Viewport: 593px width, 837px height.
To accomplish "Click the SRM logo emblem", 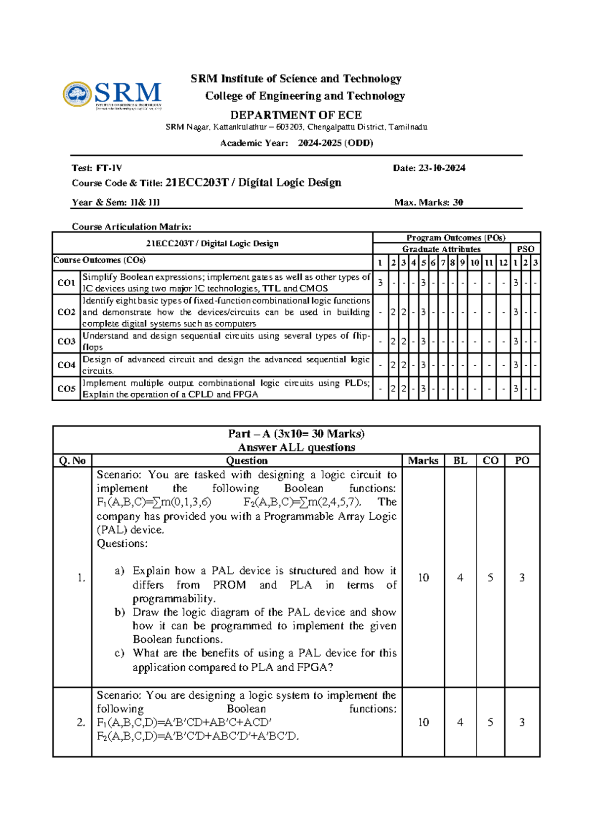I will (x=77, y=94).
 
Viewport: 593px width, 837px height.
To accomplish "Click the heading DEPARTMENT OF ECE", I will (x=296, y=115).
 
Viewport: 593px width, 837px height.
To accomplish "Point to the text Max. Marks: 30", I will (x=428, y=202).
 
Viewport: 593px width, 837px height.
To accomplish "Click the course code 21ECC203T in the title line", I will (x=197, y=183).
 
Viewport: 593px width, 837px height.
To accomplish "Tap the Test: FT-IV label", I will (x=97, y=168).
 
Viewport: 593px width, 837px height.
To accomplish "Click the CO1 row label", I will (x=66, y=283).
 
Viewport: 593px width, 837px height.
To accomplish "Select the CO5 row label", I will (x=66, y=389).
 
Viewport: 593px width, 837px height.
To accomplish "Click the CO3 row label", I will (x=66, y=342).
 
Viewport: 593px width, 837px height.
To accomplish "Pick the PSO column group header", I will (x=525, y=249).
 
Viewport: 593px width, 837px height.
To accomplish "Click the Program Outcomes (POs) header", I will (x=456, y=238).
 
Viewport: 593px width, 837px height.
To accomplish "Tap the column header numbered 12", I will (x=503, y=263).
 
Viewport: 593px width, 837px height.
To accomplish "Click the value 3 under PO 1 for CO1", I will (x=380, y=283).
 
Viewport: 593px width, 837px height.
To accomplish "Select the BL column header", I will (x=460, y=461).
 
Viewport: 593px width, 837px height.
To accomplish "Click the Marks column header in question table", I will (x=423, y=461).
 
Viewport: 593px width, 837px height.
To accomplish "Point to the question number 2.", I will (x=81, y=723).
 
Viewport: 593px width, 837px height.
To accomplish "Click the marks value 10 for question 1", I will (x=424, y=577).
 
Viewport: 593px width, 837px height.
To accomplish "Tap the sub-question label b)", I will (x=120, y=612).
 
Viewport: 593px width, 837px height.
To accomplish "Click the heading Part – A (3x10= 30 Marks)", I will (x=296, y=434).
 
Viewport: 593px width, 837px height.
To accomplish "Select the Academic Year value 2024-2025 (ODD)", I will (x=335, y=143).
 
